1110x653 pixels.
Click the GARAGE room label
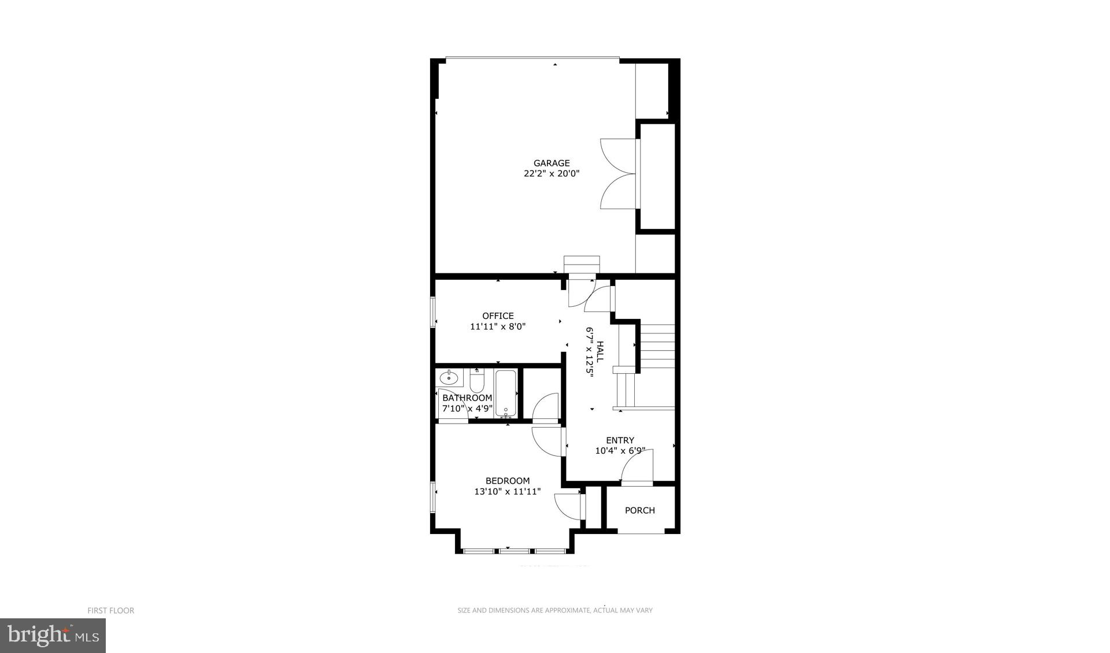point(551,163)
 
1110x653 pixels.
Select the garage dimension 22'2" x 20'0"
point(551,173)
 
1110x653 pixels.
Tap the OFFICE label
point(498,316)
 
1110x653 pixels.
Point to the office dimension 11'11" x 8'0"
point(498,327)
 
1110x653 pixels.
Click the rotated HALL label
point(600,351)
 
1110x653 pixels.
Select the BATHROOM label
point(467,398)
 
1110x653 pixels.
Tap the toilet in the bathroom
point(477,381)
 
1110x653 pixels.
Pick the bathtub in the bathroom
point(505,393)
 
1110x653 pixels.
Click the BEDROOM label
point(507,481)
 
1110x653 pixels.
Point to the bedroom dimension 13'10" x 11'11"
point(507,492)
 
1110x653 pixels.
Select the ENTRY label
point(620,440)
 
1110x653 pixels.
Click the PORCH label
point(640,510)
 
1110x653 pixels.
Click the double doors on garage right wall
point(620,173)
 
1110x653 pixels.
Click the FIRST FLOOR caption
point(110,610)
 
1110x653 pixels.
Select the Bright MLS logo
point(53,636)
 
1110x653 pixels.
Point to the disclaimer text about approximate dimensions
point(555,610)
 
